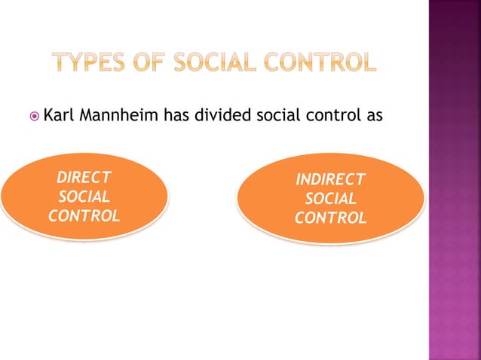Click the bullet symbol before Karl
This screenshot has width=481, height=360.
[x=34, y=117]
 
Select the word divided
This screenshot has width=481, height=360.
[x=220, y=116]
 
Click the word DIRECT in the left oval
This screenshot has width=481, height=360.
[x=84, y=178]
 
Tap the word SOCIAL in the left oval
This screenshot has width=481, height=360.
[x=84, y=197]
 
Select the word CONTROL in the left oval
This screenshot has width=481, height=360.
[x=84, y=216]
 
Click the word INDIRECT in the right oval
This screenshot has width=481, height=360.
[x=330, y=180]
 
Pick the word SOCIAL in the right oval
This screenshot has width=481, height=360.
[x=330, y=199]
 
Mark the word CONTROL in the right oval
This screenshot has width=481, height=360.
[x=330, y=218]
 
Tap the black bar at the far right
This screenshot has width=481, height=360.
[x=476, y=180]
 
